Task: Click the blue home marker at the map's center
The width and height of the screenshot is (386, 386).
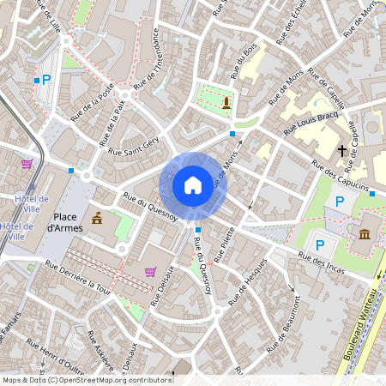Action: (x=192, y=184)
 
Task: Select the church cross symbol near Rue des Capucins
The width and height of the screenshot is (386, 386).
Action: (x=341, y=150)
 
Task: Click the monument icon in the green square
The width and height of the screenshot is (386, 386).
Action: (x=226, y=103)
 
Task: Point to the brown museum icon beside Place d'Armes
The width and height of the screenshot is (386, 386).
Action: (x=96, y=218)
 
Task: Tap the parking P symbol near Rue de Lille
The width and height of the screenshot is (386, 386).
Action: (x=46, y=80)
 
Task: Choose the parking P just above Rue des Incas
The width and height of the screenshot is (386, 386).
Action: (x=320, y=244)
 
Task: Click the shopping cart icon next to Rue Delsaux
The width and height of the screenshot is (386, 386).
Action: (x=151, y=272)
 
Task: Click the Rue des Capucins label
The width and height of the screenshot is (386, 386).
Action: (x=341, y=174)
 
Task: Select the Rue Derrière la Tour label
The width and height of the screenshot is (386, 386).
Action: (x=81, y=277)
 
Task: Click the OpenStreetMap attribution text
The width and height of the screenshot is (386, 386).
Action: (x=87, y=379)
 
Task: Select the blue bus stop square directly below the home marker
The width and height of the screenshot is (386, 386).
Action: (x=198, y=230)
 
